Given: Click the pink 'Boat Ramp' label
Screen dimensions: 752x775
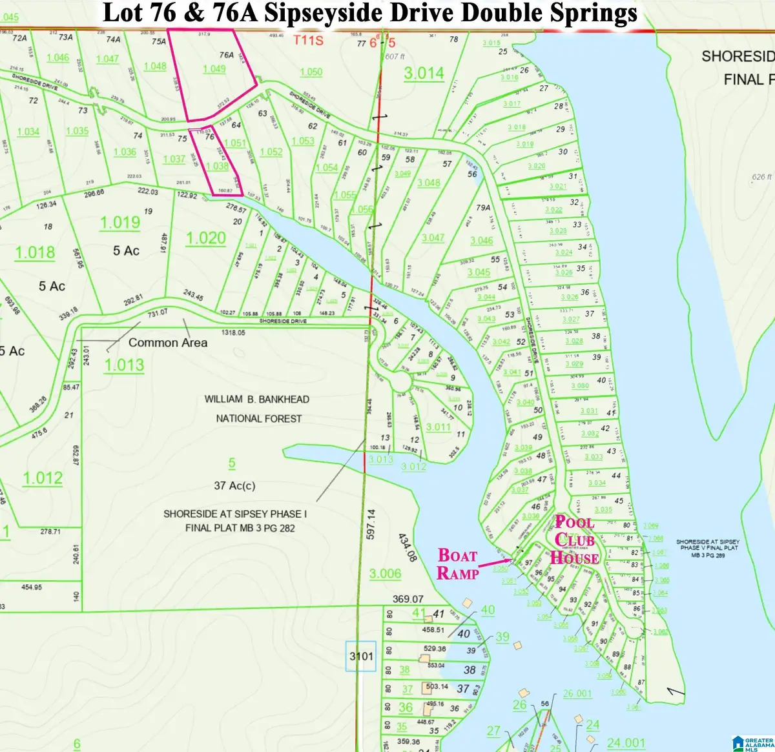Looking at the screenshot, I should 458,564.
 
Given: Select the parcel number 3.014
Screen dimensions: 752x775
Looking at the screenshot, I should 424,73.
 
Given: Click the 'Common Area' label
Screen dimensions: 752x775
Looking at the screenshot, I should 168,343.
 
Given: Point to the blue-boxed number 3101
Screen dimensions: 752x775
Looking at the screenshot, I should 361,656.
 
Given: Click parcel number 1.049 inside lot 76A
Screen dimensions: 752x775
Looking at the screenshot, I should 214,69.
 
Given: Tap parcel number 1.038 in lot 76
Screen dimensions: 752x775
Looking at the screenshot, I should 217,166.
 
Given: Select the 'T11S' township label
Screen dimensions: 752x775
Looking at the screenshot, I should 309,41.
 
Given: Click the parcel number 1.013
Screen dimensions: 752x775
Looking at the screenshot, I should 124,365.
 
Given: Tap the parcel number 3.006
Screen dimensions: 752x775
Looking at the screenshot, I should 385,573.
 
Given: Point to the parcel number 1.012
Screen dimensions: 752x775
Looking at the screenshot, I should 43,478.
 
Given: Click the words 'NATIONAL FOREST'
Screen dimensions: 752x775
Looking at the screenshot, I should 258,418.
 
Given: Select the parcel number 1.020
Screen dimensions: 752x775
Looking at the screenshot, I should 206,238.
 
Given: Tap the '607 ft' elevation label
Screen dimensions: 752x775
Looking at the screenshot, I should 395,56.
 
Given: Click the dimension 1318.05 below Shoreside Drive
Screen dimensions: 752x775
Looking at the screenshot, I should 233,332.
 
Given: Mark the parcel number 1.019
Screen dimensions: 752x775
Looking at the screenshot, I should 119,223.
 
